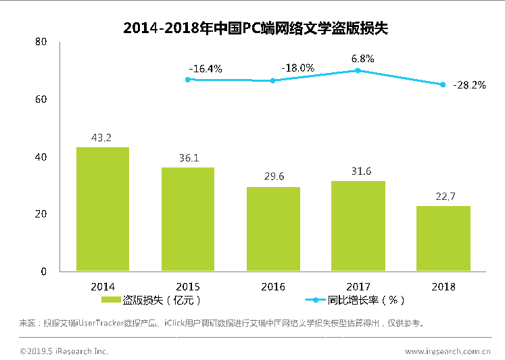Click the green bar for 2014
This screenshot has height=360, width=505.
coord(103,209)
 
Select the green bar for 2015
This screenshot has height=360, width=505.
coord(187,220)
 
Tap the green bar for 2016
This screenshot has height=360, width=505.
coord(272,229)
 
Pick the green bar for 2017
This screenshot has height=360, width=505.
coord(358,226)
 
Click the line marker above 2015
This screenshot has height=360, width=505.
coord(187,79)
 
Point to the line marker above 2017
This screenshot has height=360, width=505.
coord(358,70)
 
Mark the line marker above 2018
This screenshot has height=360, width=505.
coord(443,84)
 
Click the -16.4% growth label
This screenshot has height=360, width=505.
coord(206,68)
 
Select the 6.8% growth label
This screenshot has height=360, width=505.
coord(362,59)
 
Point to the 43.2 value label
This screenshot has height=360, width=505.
coord(102,138)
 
